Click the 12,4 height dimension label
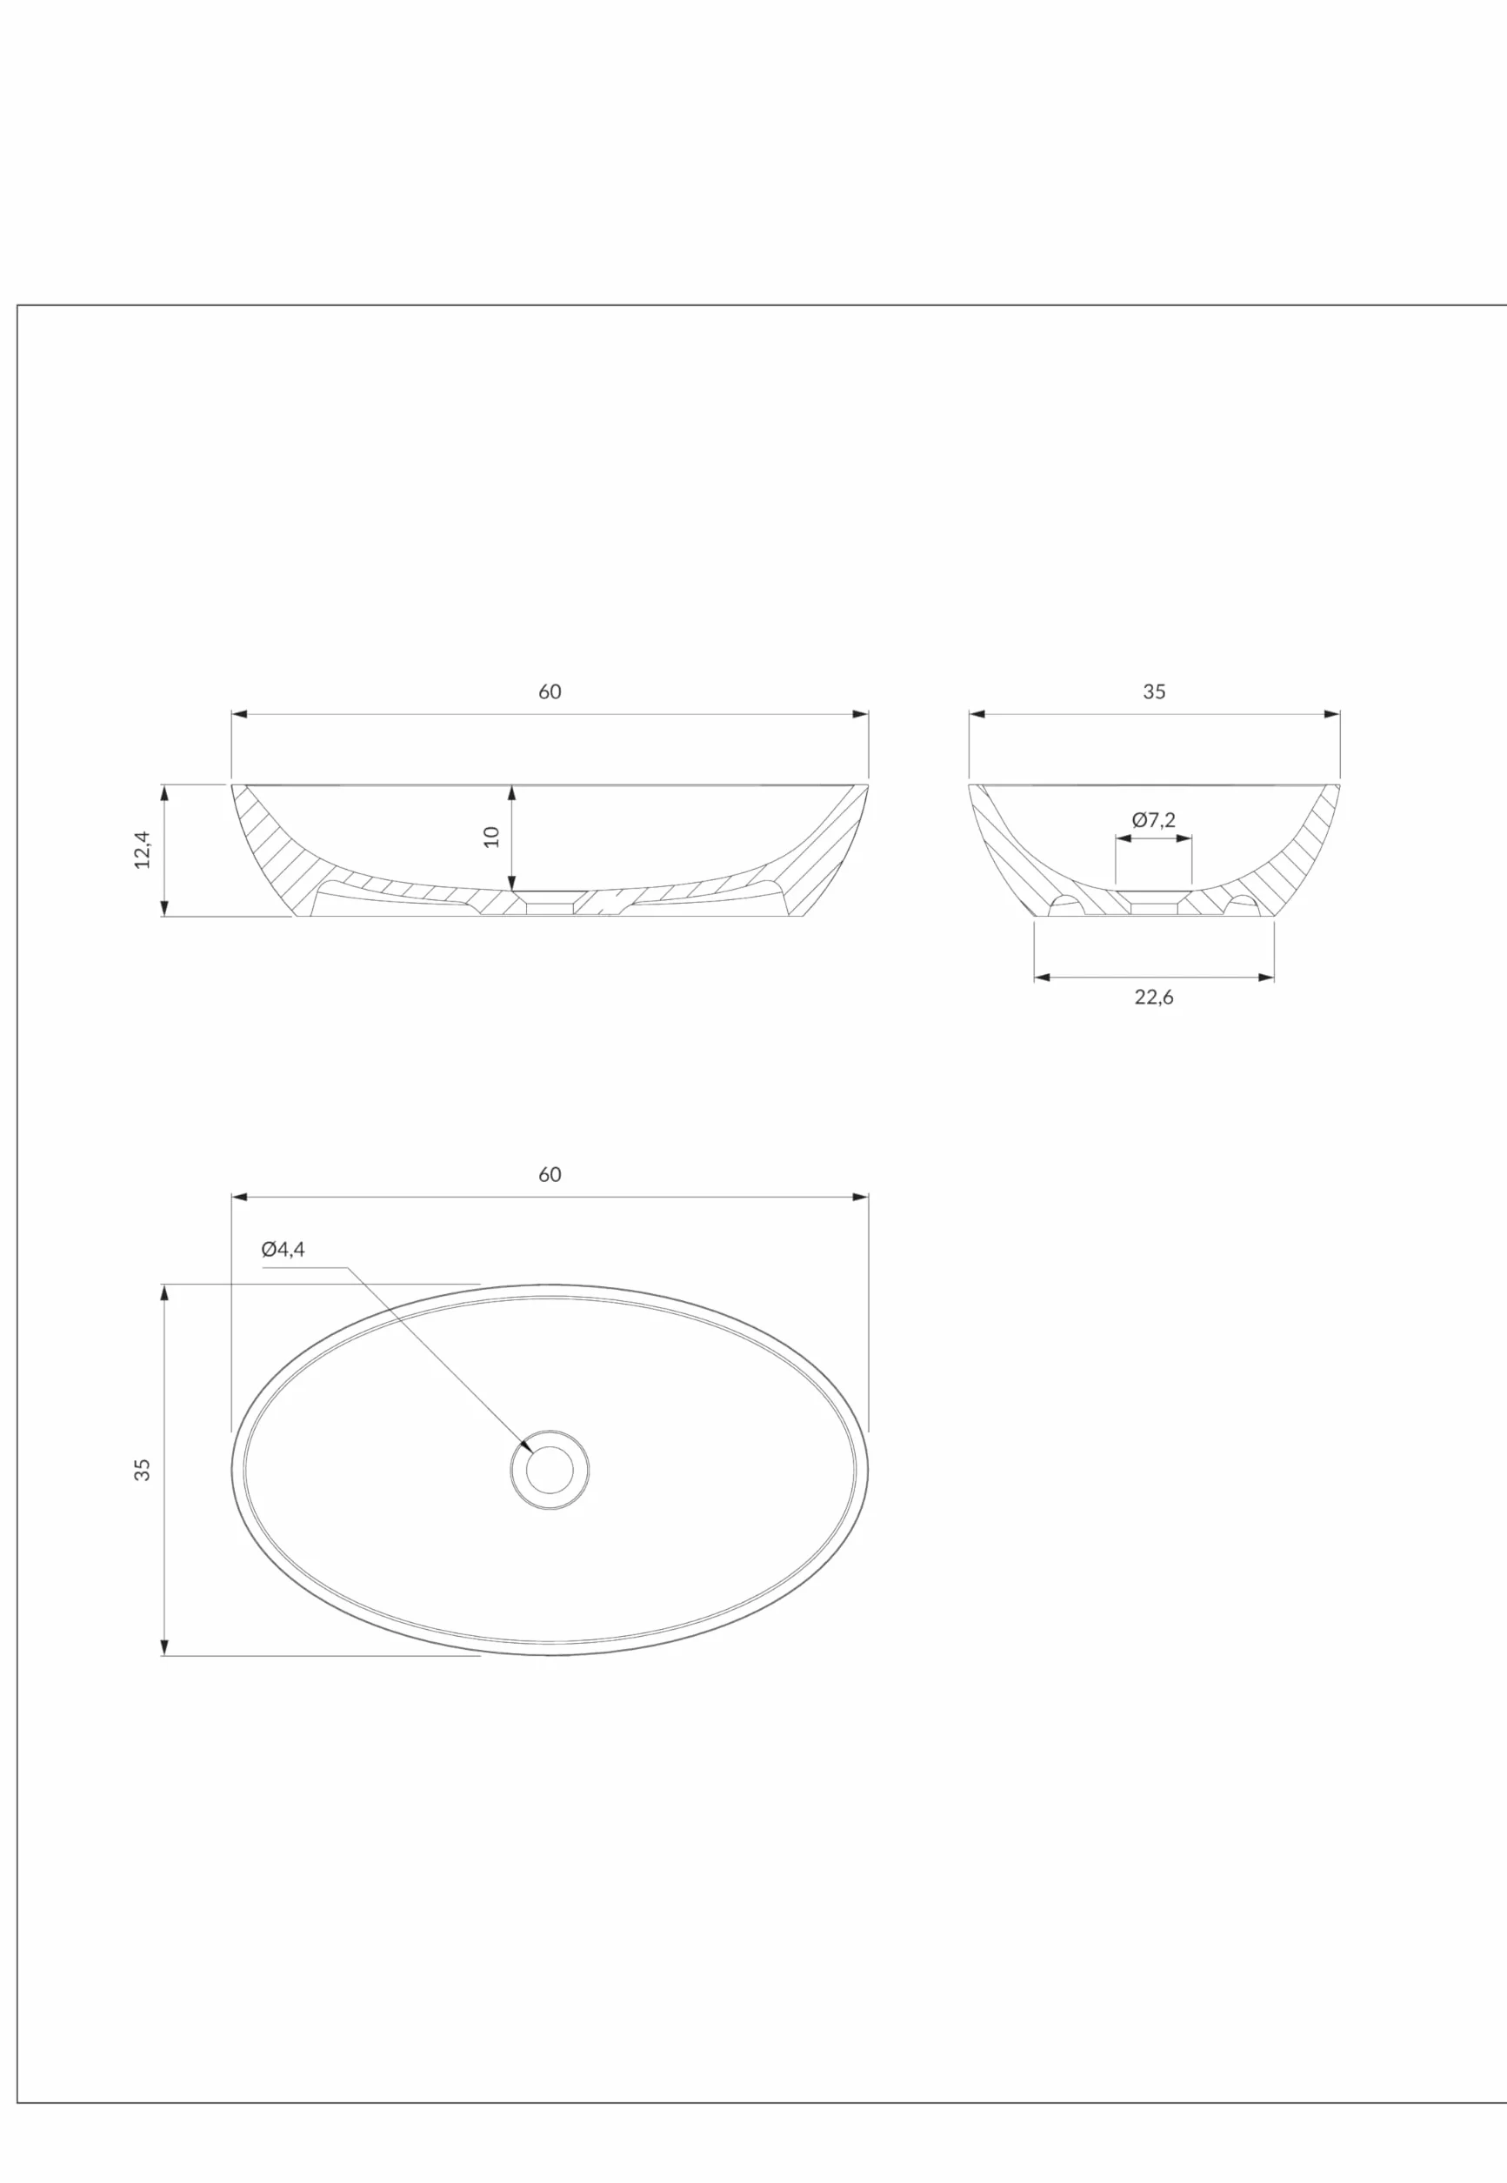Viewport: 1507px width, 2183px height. point(143,850)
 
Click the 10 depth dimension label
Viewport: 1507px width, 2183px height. point(492,837)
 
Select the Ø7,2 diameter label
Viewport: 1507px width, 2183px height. point(1154,819)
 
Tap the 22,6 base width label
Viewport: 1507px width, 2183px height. point(1154,997)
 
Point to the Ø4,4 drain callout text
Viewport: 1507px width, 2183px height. point(283,1249)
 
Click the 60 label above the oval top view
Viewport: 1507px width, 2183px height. point(550,1175)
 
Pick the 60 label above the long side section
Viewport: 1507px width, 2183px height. point(550,692)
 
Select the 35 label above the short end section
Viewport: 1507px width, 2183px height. point(1154,692)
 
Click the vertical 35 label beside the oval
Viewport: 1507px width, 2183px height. point(143,1470)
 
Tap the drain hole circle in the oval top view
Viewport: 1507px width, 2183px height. point(550,1470)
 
